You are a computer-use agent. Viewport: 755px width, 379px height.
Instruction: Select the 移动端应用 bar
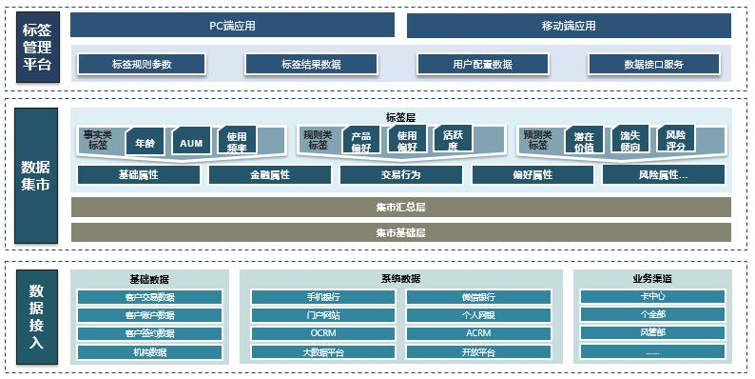(x=569, y=26)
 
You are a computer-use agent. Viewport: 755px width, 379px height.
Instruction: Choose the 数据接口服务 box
(x=652, y=65)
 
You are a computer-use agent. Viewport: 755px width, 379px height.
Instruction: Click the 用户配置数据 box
(x=482, y=65)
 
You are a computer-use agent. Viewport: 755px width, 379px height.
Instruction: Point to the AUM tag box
(x=191, y=142)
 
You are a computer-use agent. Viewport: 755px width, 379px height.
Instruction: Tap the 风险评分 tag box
(x=675, y=141)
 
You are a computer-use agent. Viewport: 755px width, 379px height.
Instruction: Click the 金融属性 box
(x=269, y=175)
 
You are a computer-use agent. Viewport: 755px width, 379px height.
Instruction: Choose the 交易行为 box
(x=400, y=175)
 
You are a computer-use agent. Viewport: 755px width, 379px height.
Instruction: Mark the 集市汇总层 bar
(x=400, y=207)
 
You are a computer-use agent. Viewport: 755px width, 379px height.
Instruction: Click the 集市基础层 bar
(x=400, y=232)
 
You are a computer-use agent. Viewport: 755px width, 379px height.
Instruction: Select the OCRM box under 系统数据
(x=322, y=333)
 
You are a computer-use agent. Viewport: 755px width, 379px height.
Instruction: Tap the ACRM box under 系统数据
(x=478, y=333)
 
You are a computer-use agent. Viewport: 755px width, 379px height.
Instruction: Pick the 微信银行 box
(x=478, y=297)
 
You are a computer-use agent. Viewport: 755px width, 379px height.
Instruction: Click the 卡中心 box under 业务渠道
(x=652, y=297)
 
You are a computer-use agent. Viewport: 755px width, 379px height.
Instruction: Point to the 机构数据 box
(x=150, y=351)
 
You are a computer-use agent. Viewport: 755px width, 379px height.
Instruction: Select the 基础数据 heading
(x=149, y=279)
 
